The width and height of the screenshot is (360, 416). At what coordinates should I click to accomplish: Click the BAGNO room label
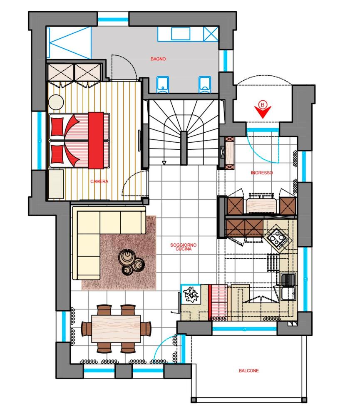158,59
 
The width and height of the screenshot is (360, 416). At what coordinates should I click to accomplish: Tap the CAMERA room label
99,181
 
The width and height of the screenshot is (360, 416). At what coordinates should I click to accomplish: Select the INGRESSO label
262,173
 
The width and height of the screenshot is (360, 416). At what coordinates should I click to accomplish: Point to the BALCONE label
249,371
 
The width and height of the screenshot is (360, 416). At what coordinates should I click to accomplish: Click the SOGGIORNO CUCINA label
184,247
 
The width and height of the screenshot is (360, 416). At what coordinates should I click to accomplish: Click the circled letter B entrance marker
263,105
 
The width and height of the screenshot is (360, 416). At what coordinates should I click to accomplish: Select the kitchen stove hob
278,238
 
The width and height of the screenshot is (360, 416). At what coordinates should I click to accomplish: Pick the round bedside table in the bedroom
56,102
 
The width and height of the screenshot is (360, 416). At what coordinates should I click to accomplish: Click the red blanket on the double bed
96,140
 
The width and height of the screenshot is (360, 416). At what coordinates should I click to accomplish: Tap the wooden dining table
116,329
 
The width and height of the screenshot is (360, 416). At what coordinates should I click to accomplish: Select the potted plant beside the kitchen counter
191,294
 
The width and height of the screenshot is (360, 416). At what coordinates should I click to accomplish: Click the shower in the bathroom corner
69,42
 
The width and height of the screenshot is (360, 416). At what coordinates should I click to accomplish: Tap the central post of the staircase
184,148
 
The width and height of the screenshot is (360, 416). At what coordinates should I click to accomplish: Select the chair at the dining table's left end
86,329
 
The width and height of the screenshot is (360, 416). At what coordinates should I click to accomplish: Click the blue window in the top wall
113,20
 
